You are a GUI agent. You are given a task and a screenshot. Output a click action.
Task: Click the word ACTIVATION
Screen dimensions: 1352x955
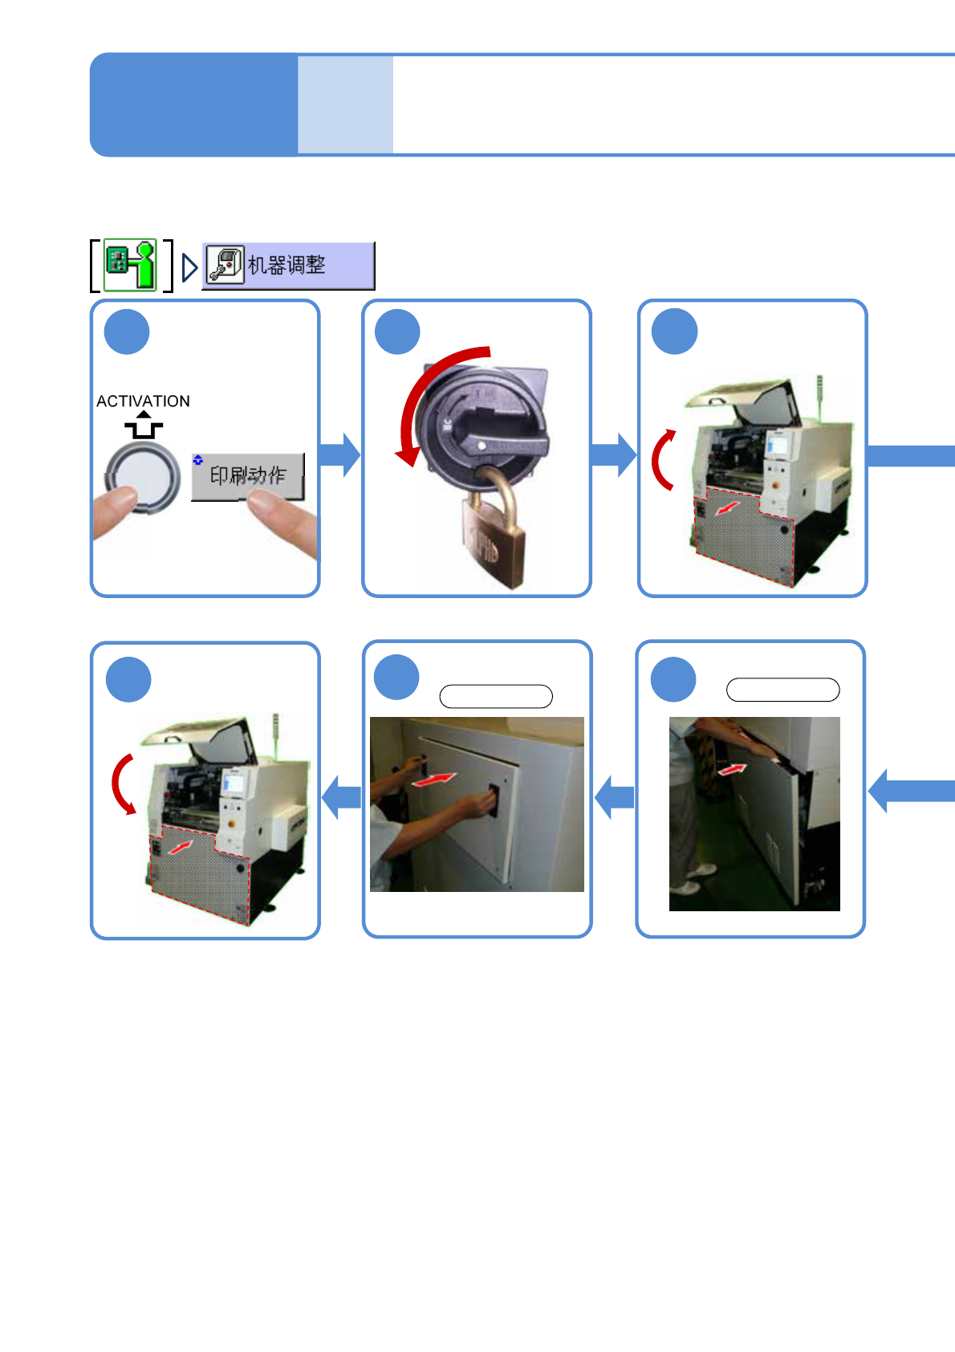(x=143, y=401)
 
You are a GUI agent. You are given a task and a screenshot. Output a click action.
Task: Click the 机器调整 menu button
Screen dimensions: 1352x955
(x=288, y=265)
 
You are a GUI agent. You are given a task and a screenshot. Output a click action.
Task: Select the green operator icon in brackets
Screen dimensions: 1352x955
(x=131, y=264)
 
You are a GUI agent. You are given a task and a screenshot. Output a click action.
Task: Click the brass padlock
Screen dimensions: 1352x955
(x=492, y=542)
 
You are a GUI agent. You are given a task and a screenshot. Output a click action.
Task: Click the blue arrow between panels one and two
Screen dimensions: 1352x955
(x=340, y=455)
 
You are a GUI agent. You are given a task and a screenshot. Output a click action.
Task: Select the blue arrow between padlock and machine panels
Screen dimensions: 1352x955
(x=614, y=455)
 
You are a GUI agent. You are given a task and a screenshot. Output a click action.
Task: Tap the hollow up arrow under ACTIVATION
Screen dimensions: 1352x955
(x=143, y=426)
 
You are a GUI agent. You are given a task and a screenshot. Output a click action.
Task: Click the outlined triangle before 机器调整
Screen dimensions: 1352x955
(x=189, y=267)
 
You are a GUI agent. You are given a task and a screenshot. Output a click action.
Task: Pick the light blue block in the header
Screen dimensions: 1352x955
(x=345, y=104)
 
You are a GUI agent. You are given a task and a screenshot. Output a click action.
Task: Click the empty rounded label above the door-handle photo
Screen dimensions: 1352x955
(x=496, y=696)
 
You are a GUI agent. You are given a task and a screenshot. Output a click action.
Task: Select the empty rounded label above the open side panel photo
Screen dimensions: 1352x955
(x=782, y=690)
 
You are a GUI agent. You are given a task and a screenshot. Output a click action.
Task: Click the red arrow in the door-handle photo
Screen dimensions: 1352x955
(x=433, y=779)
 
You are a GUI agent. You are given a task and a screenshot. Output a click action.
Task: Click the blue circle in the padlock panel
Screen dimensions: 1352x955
(x=397, y=332)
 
